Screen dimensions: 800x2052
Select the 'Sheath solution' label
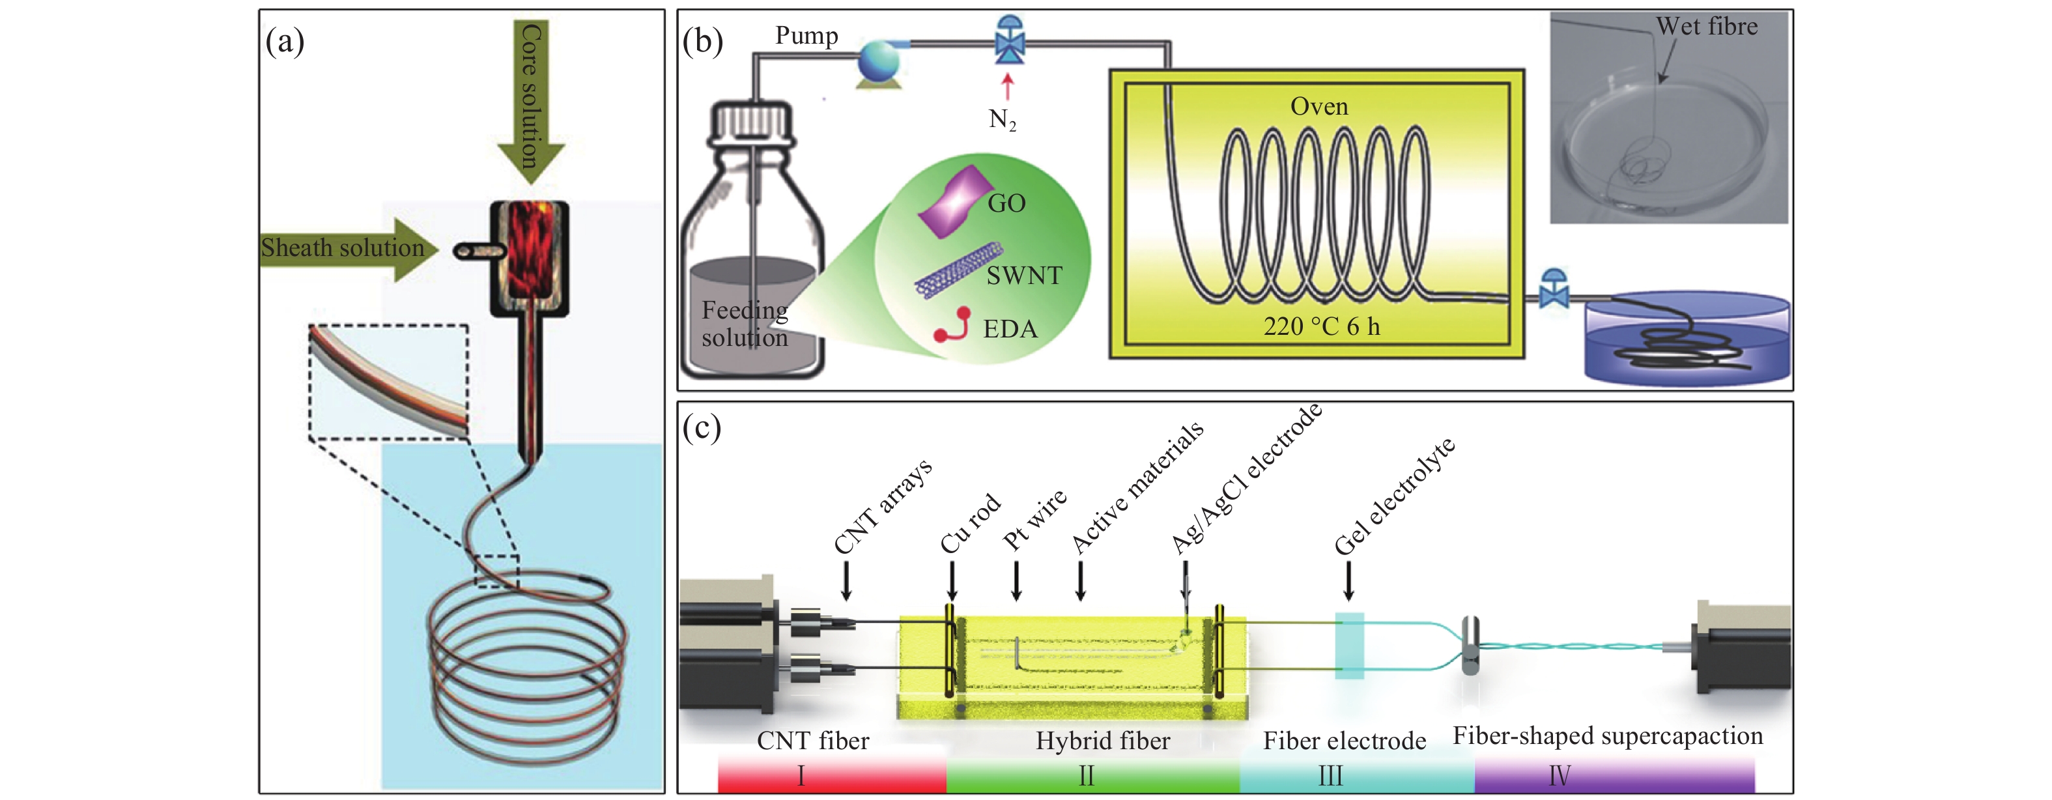click(343, 248)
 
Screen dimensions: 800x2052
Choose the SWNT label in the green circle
click(1025, 276)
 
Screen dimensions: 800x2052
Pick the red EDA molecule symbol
click(952, 325)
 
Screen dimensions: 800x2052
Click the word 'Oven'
click(1319, 107)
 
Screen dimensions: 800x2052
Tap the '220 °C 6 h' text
click(1322, 326)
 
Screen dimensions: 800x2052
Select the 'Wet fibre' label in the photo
click(1706, 26)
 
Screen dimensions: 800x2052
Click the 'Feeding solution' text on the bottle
click(745, 324)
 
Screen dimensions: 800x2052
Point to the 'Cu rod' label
click(970, 524)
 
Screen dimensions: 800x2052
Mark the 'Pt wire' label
click(1034, 521)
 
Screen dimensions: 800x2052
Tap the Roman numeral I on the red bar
click(801, 775)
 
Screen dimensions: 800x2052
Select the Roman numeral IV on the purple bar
click(1559, 775)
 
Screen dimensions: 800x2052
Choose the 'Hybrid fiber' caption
click(1102, 741)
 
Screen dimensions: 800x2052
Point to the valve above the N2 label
click(1010, 40)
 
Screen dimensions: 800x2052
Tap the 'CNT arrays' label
click(883, 507)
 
